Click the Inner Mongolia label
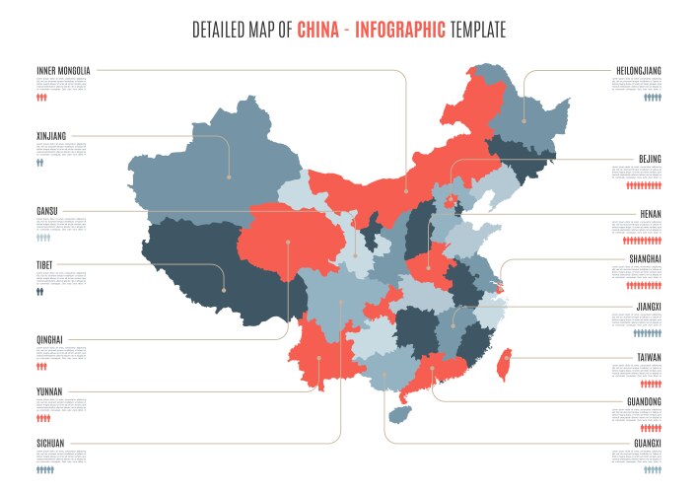click(63, 71)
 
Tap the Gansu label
click(47, 210)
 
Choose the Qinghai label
click(49, 340)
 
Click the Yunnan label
click(49, 391)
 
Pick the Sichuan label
click(50, 444)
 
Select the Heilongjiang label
click(638, 71)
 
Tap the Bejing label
click(650, 159)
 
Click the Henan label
click(650, 214)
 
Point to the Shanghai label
click(645, 259)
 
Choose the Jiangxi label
click(647, 307)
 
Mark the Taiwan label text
click(649, 358)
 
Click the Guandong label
click(644, 402)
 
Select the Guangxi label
click(647, 445)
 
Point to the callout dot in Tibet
click(224, 290)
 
